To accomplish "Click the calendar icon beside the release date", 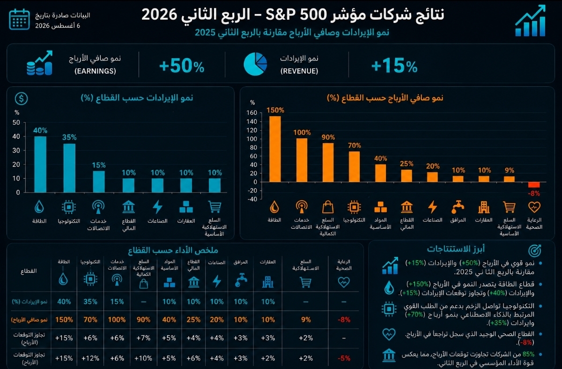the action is pyautogui.click(x=19, y=19).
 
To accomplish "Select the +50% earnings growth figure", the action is pyautogui.click(x=182, y=66).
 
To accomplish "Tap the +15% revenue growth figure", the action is pyautogui.click(x=394, y=66).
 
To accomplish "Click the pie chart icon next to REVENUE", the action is pyautogui.click(x=255, y=64).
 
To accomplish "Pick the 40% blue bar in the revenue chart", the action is pyautogui.click(x=40, y=164).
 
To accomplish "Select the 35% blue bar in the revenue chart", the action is pyautogui.click(x=69, y=168).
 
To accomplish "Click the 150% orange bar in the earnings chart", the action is pyautogui.click(x=275, y=149).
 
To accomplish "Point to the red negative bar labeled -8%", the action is pyautogui.click(x=533, y=185).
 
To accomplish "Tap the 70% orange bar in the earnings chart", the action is pyautogui.click(x=354, y=166).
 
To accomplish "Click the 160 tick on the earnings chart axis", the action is pyautogui.click(x=251, y=113).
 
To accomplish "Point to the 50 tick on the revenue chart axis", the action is pyautogui.click(x=16, y=122).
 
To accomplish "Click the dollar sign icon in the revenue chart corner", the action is pyautogui.click(x=21, y=99).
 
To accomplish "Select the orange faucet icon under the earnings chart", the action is pyautogui.click(x=458, y=207).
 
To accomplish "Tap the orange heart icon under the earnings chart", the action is pyautogui.click(x=534, y=207).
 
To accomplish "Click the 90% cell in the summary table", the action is pyautogui.click(x=143, y=319).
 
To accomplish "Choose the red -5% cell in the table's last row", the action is pyautogui.click(x=344, y=358).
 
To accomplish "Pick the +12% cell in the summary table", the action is pyautogui.click(x=90, y=358).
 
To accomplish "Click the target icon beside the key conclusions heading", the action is pyautogui.click(x=534, y=250).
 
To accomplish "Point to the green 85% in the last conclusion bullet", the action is pyautogui.click(x=528, y=354).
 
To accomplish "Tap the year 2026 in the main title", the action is pyautogui.click(x=159, y=15).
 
